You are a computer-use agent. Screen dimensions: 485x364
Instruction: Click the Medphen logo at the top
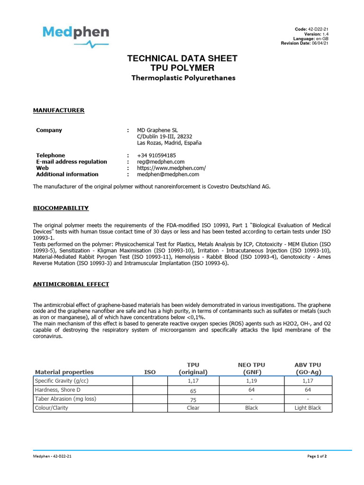[76, 36]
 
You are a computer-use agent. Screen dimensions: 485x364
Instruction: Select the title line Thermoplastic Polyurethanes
[182, 78]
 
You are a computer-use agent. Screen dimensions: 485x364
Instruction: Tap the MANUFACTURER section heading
[58, 110]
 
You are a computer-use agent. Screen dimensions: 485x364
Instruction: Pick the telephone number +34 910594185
[156, 155]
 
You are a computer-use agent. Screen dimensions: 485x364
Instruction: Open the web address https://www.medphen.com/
[171, 168]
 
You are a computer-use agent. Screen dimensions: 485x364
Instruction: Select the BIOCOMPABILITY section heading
[60, 208]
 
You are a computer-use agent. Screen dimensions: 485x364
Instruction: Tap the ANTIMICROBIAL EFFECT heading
[71, 284]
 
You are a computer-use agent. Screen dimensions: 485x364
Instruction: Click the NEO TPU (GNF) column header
[251, 368]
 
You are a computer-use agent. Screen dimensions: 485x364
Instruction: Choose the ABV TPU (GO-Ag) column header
[308, 368]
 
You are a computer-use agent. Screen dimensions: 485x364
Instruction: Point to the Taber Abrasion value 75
[193, 399]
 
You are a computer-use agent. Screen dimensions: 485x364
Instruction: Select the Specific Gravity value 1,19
[251, 380]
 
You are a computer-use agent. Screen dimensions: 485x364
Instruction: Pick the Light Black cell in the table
[308, 408]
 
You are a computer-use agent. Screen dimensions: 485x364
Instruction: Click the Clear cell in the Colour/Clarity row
[193, 408]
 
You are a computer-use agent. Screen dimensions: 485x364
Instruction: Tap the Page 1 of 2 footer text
[317, 456]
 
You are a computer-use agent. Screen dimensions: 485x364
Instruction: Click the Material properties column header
[64, 372]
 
